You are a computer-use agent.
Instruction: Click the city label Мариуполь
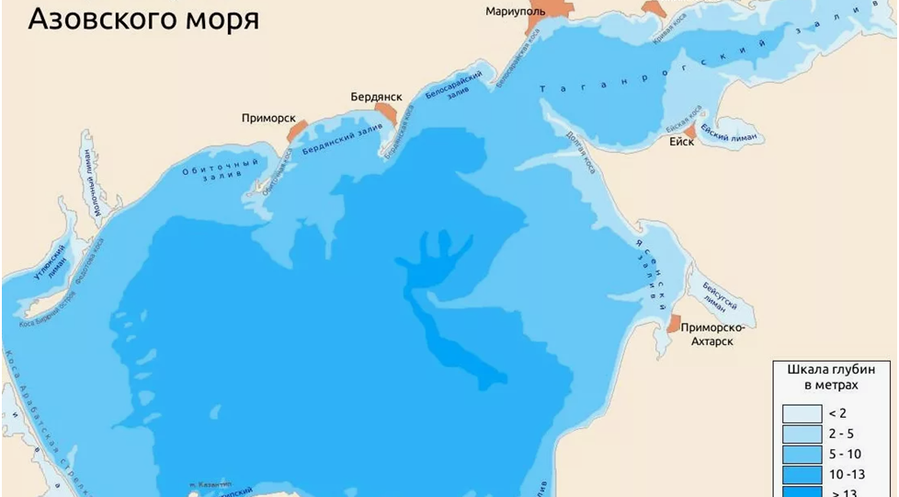tap(515, 12)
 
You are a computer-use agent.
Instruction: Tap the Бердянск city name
tap(377, 97)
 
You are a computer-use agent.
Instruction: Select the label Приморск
tap(268, 118)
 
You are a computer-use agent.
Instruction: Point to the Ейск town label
tap(681, 142)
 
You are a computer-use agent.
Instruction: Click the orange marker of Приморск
tap(296, 132)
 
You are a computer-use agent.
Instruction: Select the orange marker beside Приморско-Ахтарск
tap(674, 323)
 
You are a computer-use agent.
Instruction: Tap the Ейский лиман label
tap(729, 133)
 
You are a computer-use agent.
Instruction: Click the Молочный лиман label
tap(90, 185)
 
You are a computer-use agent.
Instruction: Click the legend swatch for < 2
tap(802, 413)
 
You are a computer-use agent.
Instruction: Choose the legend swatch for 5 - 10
tap(802, 454)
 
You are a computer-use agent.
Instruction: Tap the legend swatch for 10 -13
tap(802, 475)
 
